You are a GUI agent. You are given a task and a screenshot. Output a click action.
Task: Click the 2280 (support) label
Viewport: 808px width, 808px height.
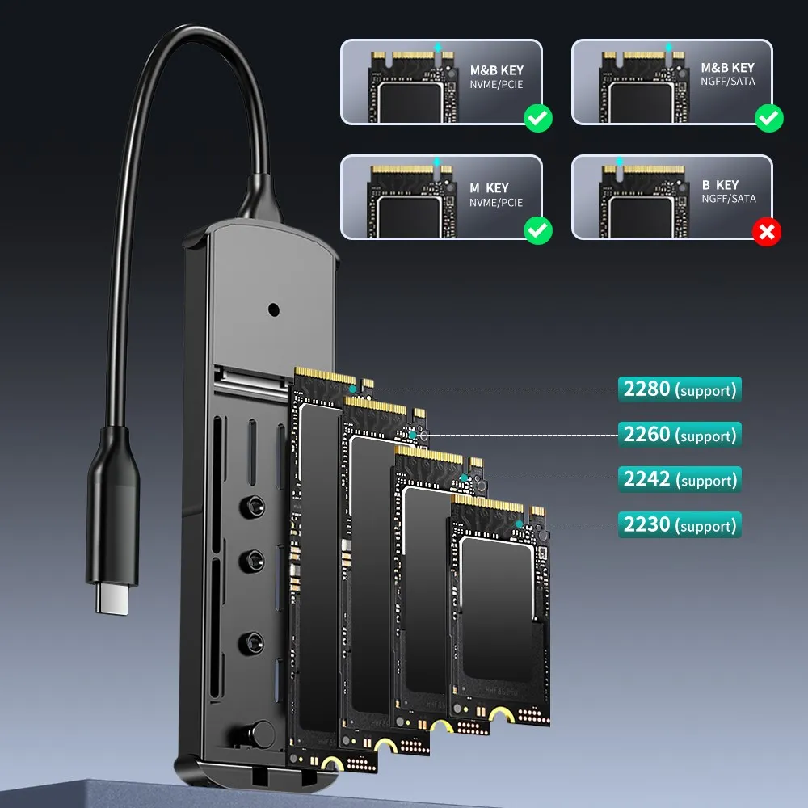click(680, 389)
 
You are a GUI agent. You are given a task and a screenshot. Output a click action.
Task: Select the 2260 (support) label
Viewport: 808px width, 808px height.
click(680, 435)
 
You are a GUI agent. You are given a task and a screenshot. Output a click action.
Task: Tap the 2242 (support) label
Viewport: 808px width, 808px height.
click(680, 479)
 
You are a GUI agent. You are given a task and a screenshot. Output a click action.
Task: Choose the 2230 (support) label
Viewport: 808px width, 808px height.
click(680, 524)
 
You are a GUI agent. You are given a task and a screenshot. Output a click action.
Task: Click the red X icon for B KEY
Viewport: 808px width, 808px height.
click(767, 232)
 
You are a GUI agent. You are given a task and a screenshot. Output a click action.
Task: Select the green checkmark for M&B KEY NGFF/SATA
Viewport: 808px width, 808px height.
click(769, 118)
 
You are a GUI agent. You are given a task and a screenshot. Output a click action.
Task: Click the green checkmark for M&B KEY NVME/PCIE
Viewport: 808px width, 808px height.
click(538, 118)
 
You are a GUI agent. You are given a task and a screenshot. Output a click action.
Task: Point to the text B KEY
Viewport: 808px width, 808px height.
click(720, 185)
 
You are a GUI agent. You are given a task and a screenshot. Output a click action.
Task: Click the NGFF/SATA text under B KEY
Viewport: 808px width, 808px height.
click(728, 199)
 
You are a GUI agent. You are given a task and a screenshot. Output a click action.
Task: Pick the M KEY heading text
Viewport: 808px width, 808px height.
click(489, 188)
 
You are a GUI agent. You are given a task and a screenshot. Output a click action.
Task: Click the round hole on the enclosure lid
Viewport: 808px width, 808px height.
click(274, 309)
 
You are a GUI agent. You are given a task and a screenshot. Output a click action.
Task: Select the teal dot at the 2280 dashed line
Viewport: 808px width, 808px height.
click(353, 389)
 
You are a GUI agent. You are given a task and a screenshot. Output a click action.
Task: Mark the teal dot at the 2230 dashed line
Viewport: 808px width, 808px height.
click(519, 524)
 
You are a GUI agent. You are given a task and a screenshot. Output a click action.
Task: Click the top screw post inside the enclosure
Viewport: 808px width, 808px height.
click(252, 507)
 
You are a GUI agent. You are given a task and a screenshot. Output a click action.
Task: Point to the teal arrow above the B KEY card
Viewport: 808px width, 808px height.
click(620, 162)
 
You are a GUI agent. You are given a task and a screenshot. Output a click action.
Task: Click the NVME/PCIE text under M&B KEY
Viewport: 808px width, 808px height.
click(496, 85)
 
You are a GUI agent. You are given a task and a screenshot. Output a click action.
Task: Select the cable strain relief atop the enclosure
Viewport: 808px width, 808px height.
click(260, 199)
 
